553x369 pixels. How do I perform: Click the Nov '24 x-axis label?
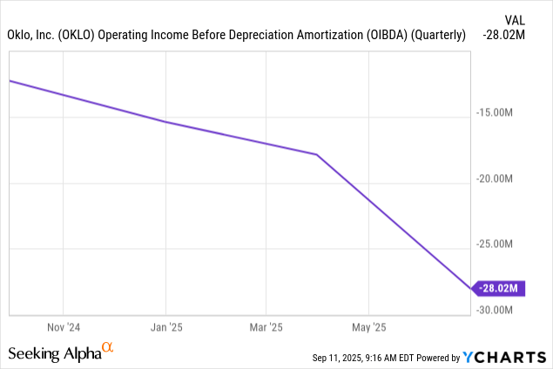point(64,328)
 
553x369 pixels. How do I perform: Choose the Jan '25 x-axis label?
point(165,328)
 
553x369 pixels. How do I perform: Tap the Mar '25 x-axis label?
point(266,328)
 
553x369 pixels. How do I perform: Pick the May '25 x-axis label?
point(368,328)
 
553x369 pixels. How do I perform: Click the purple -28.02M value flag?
point(498,289)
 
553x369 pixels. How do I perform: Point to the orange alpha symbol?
point(108,348)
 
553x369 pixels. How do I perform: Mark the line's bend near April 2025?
point(317,154)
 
